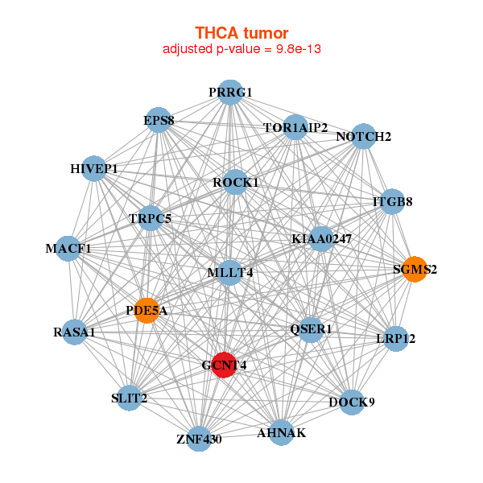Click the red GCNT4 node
pos(223,365)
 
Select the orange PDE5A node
pos(147,310)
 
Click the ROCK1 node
pos(235,183)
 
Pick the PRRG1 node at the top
pos(230,93)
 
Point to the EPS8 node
pos(159,122)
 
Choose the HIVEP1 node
pos(95,169)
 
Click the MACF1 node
pos(69,248)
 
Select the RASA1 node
pos(74,332)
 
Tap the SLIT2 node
pos(129,398)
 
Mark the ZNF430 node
pos(199,439)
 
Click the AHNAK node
pos(281,433)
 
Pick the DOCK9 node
pos(352,402)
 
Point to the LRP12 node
pos(395,338)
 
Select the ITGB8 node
pos(392,202)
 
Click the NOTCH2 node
pos(363,137)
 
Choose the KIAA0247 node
pos(320,238)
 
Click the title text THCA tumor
pos(242,33)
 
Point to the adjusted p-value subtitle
pos(242,49)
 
